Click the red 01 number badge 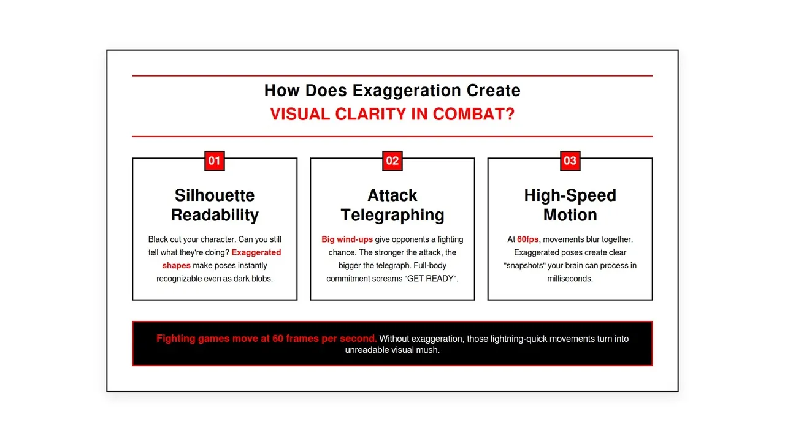tap(214, 161)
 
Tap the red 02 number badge tap(392, 161)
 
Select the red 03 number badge tap(570, 161)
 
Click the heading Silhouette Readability tap(215, 205)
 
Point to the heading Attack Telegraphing tap(392, 205)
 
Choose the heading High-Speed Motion tap(570, 205)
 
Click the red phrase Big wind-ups tap(347, 239)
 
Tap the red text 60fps tap(527, 239)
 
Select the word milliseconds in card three tap(570, 279)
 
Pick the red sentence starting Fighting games tap(266, 339)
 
